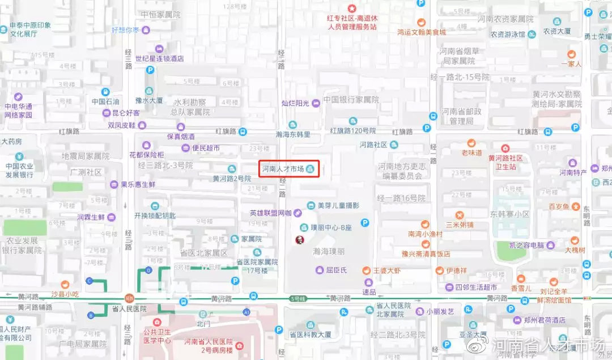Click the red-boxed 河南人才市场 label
click(283, 169)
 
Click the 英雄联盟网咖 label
click(270, 213)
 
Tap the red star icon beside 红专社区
click(351, 8)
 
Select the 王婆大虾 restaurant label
click(386, 271)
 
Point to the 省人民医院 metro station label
click(129, 308)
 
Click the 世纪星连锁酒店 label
click(159, 58)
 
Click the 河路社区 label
click(373, 145)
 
